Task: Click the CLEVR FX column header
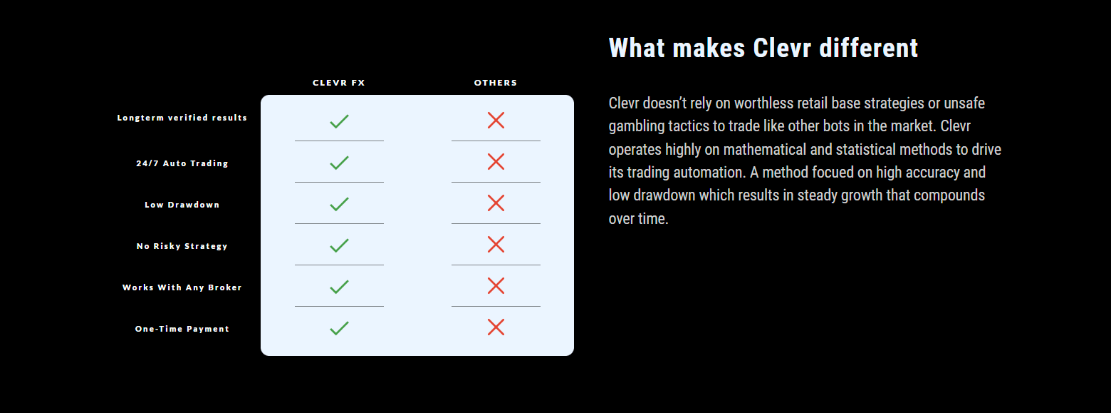pyautogui.click(x=339, y=83)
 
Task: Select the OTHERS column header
pyautogui.click(x=496, y=83)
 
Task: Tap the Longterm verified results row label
pyautogui.click(x=182, y=118)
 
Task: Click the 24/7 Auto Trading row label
pyautogui.click(x=182, y=163)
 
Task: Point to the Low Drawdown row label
pyautogui.click(x=182, y=205)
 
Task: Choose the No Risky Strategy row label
pyautogui.click(x=182, y=246)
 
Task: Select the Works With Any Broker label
pyautogui.click(x=182, y=287)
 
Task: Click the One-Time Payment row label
pyautogui.click(x=182, y=329)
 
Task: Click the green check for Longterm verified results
pyautogui.click(x=339, y=121)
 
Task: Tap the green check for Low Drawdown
pyautogui.click(x=339, y=204)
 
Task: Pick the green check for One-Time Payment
pyautogui.click(x=339, y=328)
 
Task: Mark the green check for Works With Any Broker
pyautogui.click(x=339, y=287)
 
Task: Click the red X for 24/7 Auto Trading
pyautogui.click(x=496, y=161)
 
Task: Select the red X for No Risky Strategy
pyautogui.click(x=496, y=245)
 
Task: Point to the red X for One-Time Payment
pyautogui.click(x=496, y=327)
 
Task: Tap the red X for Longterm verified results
pyautogui.click(x=496, y=121)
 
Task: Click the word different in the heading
pyautogui.click(x=868, y=49)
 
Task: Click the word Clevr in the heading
pyautogui.click(x=782, y=49)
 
